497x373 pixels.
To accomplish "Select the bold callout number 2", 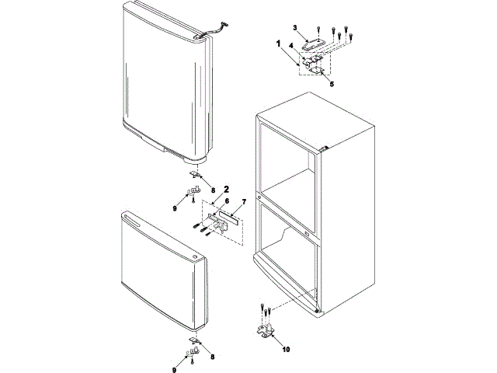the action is (226, 188).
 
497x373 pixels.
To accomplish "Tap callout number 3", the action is (295, 28).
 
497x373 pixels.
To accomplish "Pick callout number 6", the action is (215, 200).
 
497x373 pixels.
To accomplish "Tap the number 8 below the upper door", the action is (214, 188).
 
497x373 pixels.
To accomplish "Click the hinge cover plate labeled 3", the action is (314, 45).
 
